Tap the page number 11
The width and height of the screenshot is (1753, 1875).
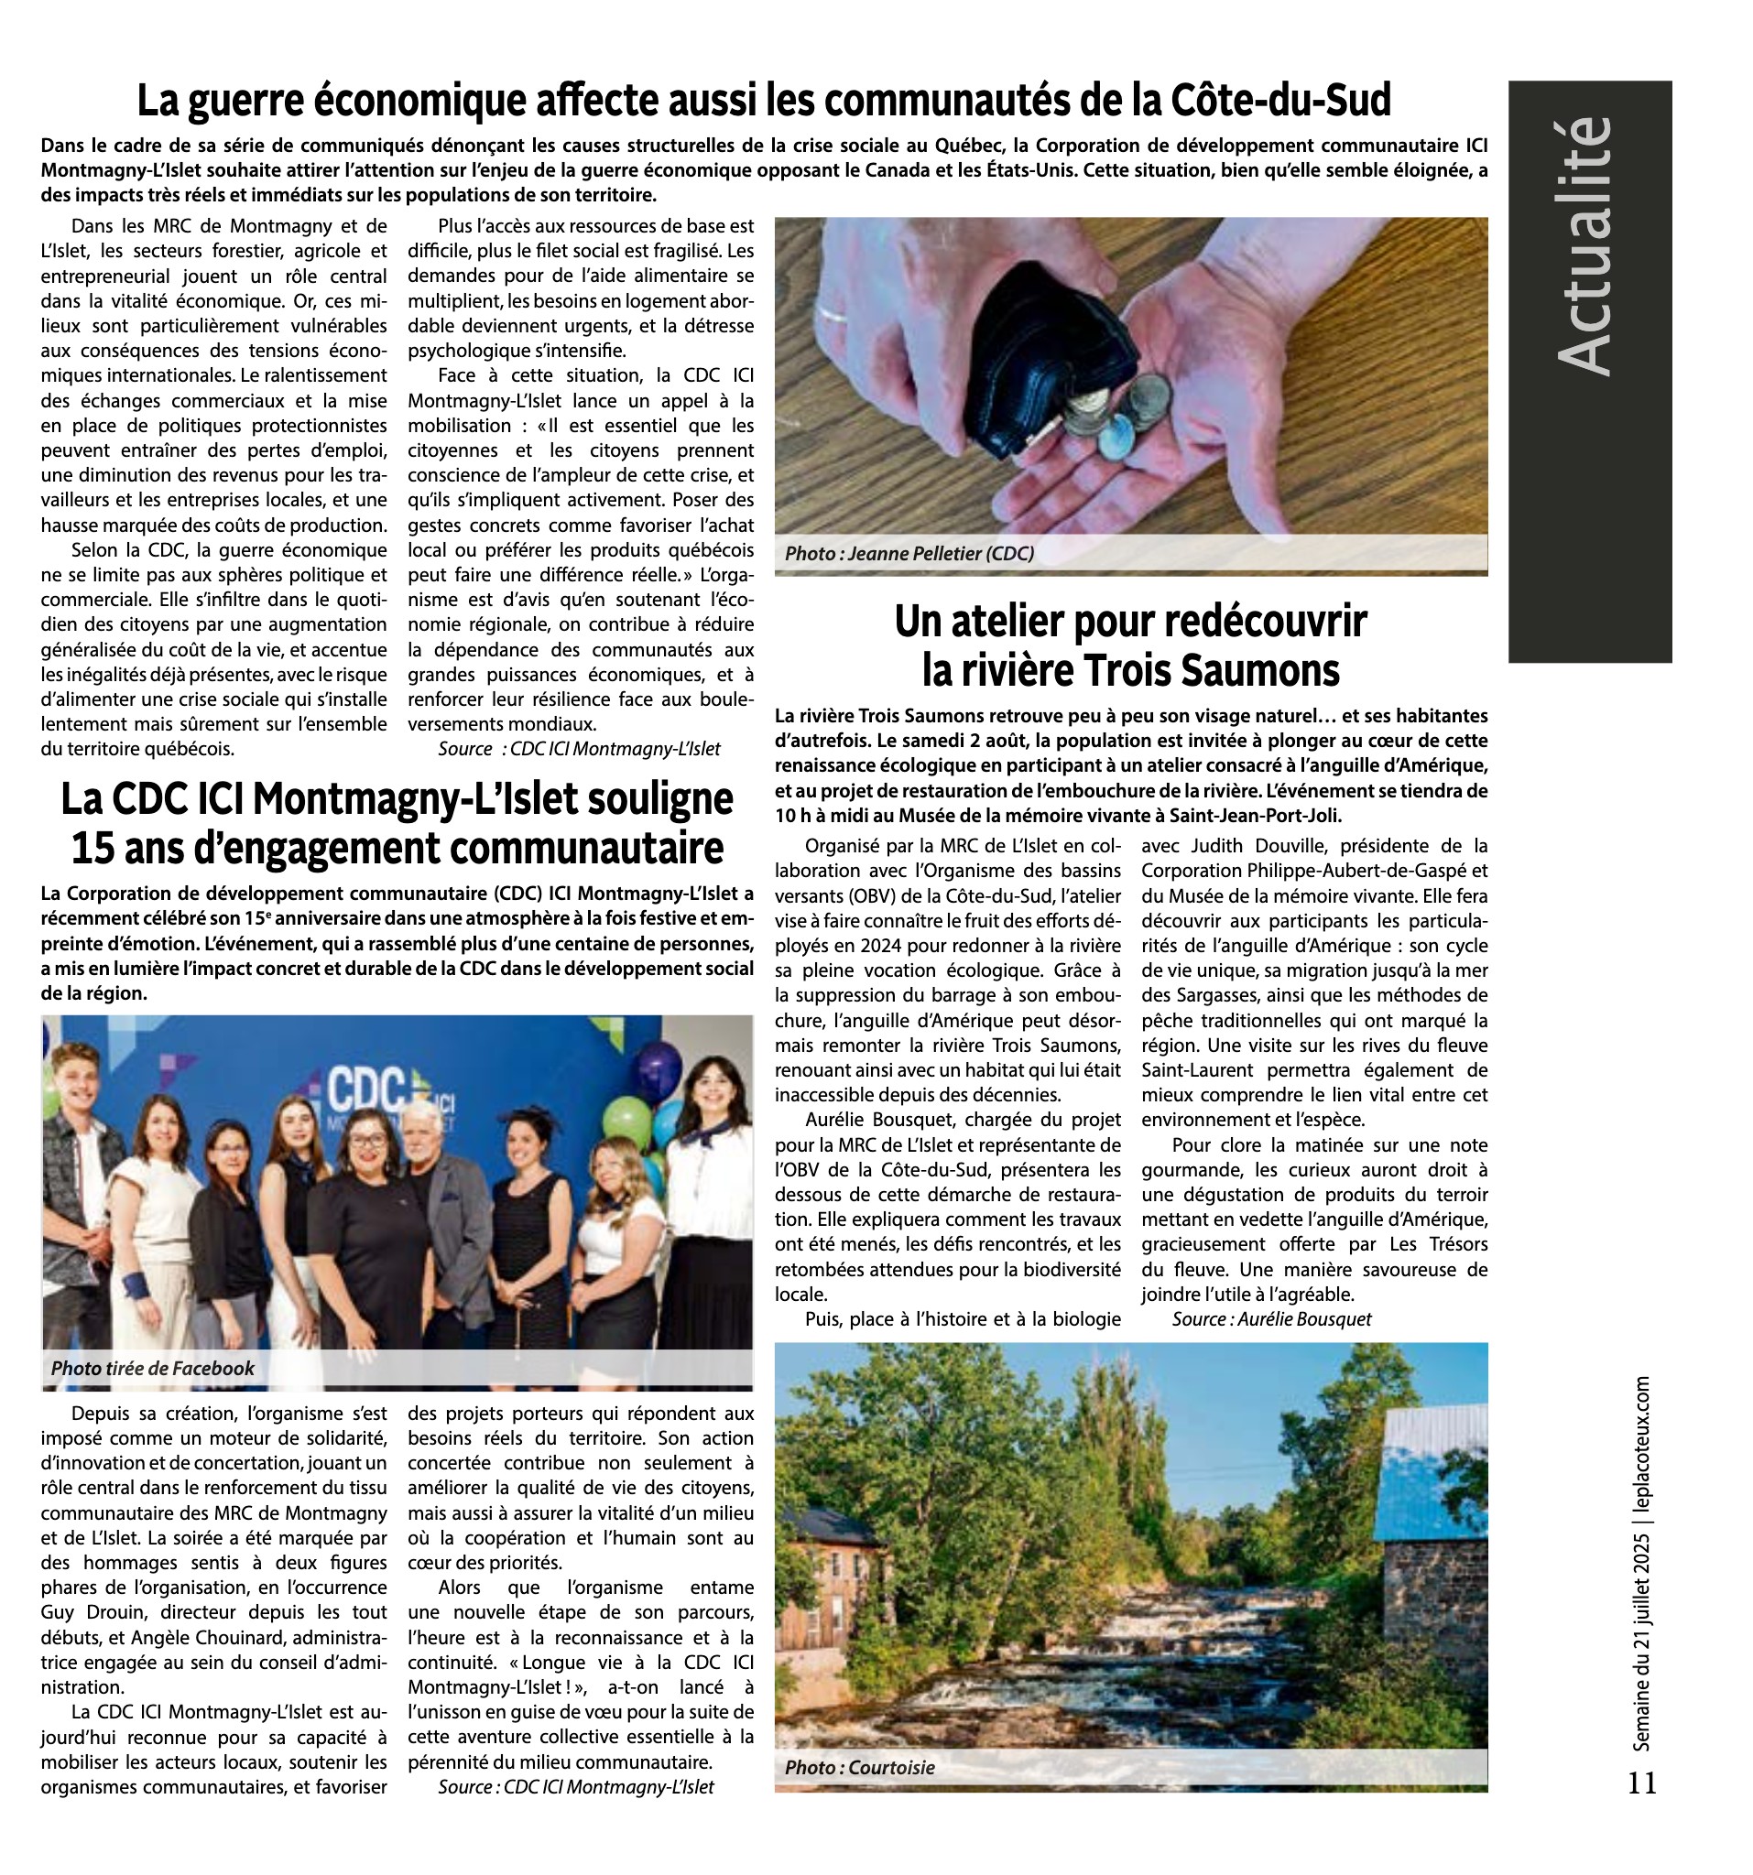pos(1641,1782)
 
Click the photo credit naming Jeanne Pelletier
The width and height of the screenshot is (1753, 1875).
pos(909,554)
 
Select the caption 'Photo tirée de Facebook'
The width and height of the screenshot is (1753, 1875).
pos(153,1368)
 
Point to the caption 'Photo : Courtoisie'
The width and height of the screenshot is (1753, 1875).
pos(859,1767)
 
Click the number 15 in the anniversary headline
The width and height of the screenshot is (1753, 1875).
pos(93,848)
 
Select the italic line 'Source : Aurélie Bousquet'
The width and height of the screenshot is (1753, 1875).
pos(1271,1318)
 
